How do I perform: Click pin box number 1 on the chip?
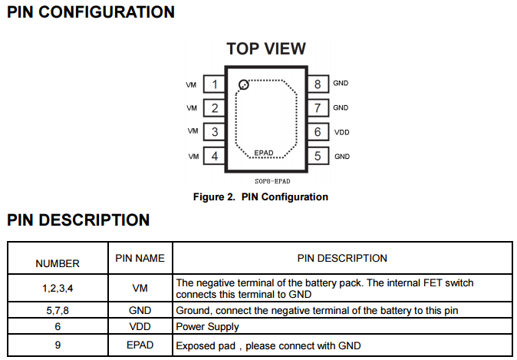tap(216, 84)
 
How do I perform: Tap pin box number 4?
tap(216, 157)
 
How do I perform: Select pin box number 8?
tap(317, 84)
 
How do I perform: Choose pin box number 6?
tap(317, 132)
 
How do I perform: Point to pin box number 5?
tap(317, 157)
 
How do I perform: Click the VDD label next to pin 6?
tap(342, 133)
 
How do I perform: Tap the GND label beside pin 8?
tap(341, 84)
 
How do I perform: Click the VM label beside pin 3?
tap(193, 132)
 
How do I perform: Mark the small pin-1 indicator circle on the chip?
tap(244, 84)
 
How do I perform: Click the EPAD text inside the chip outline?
tap(263, 153)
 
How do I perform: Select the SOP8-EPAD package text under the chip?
tap(265, 181)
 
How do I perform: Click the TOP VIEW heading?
tap(266, 49)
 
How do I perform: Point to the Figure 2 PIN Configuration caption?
tap(261, 197)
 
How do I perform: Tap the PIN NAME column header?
tap(140, 259)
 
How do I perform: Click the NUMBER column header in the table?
tap(58, 263)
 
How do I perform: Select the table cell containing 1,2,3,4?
tap(58, 288)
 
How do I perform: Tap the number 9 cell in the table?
tap(58, 345)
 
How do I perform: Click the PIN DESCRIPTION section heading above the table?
tap(78, 220)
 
